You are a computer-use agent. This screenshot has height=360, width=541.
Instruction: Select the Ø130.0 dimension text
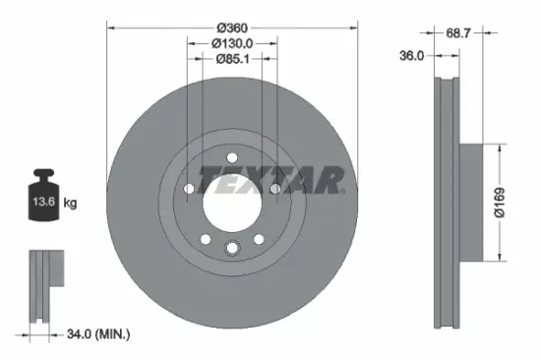coord(232,42)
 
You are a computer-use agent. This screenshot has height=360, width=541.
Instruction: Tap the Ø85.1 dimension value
coord(232,58)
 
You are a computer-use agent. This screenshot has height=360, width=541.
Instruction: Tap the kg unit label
coord(70,203)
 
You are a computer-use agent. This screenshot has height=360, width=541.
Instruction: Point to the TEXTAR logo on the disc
coord(270,180)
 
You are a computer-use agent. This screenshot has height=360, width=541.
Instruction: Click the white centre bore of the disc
coord(232,202)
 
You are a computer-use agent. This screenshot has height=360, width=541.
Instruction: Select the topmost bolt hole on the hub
coord(232,156)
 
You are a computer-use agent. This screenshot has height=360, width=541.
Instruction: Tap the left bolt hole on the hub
coord(188,188)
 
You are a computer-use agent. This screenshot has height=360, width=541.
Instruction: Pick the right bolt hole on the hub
coord(276,188)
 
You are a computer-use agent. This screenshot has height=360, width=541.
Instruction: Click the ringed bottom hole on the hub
coord(232,248)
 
